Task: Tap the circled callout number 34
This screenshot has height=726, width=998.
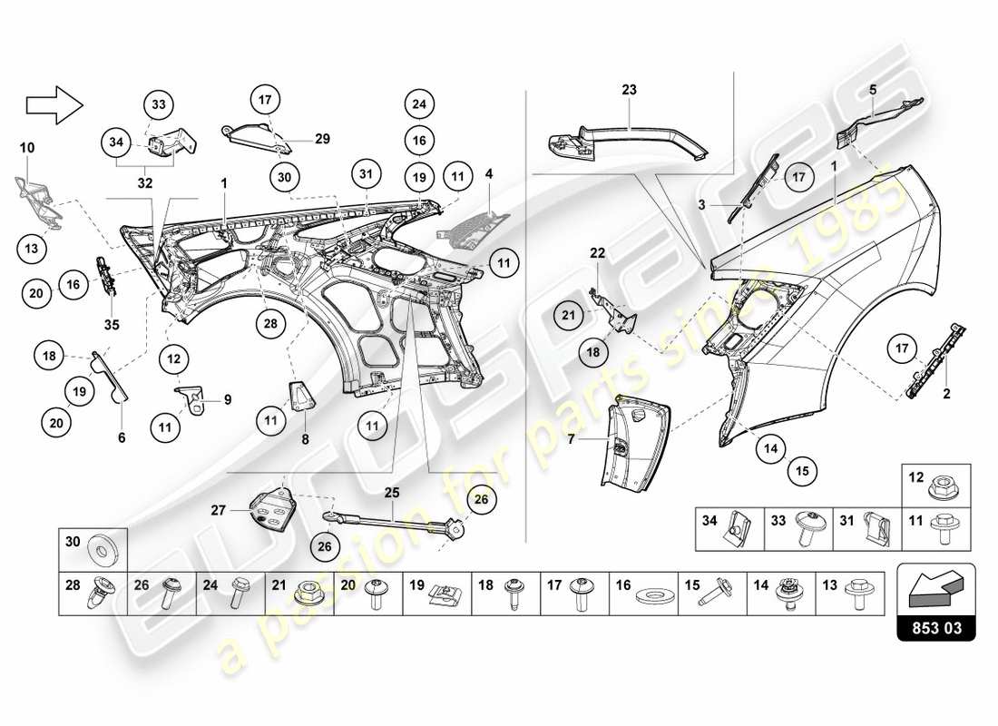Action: [x=115, y=142]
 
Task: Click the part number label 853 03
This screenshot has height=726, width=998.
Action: [x=935, y=626]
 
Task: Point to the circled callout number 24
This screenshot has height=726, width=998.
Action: [x=418, y=105]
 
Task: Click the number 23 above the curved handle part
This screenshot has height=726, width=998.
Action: [x=630, y=90]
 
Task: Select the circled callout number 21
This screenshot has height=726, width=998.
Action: [x=569, y=316]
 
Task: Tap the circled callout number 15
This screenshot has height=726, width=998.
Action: [x=802, y=470]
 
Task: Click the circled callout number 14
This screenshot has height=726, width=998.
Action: [x=770, y=447]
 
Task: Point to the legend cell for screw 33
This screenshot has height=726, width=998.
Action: [x=799, y=528]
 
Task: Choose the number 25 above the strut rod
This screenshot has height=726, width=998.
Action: [x=392, y=494]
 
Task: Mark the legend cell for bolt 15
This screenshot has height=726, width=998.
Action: [x=713, y=594]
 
